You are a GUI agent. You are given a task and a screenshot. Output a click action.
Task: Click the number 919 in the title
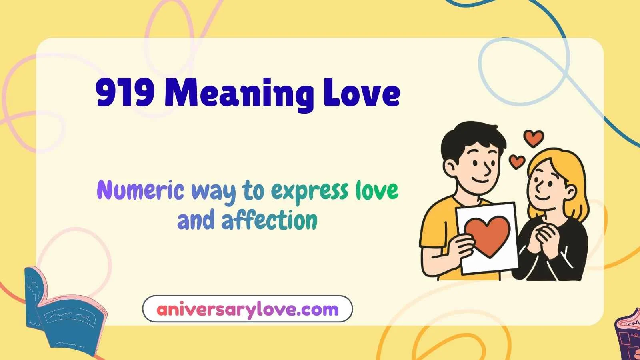pos(125,93)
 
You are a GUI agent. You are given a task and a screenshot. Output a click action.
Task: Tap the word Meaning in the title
pos(239,94)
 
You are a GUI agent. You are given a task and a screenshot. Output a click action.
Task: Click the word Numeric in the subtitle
pos(140,190)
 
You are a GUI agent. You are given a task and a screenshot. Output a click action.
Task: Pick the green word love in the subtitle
pos(377,190)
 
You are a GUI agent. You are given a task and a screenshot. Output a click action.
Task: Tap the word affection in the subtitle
pos(269,220)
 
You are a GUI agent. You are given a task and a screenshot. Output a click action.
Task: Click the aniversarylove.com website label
pos(247,309)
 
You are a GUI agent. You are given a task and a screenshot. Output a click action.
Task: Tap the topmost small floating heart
pos(534,138)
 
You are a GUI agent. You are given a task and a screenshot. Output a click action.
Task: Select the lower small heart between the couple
pos(516,161)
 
